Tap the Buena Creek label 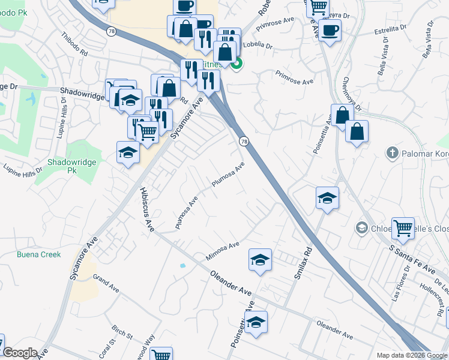(x=39, y=254)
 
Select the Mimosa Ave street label (x=223, y=249)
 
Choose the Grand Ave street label (x=106, y=281)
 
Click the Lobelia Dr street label (x=259, y=46)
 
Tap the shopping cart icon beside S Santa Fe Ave (x=403, y=227)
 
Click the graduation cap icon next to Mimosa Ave (x=260, y=259)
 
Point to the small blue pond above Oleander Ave (x=182, y=265)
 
